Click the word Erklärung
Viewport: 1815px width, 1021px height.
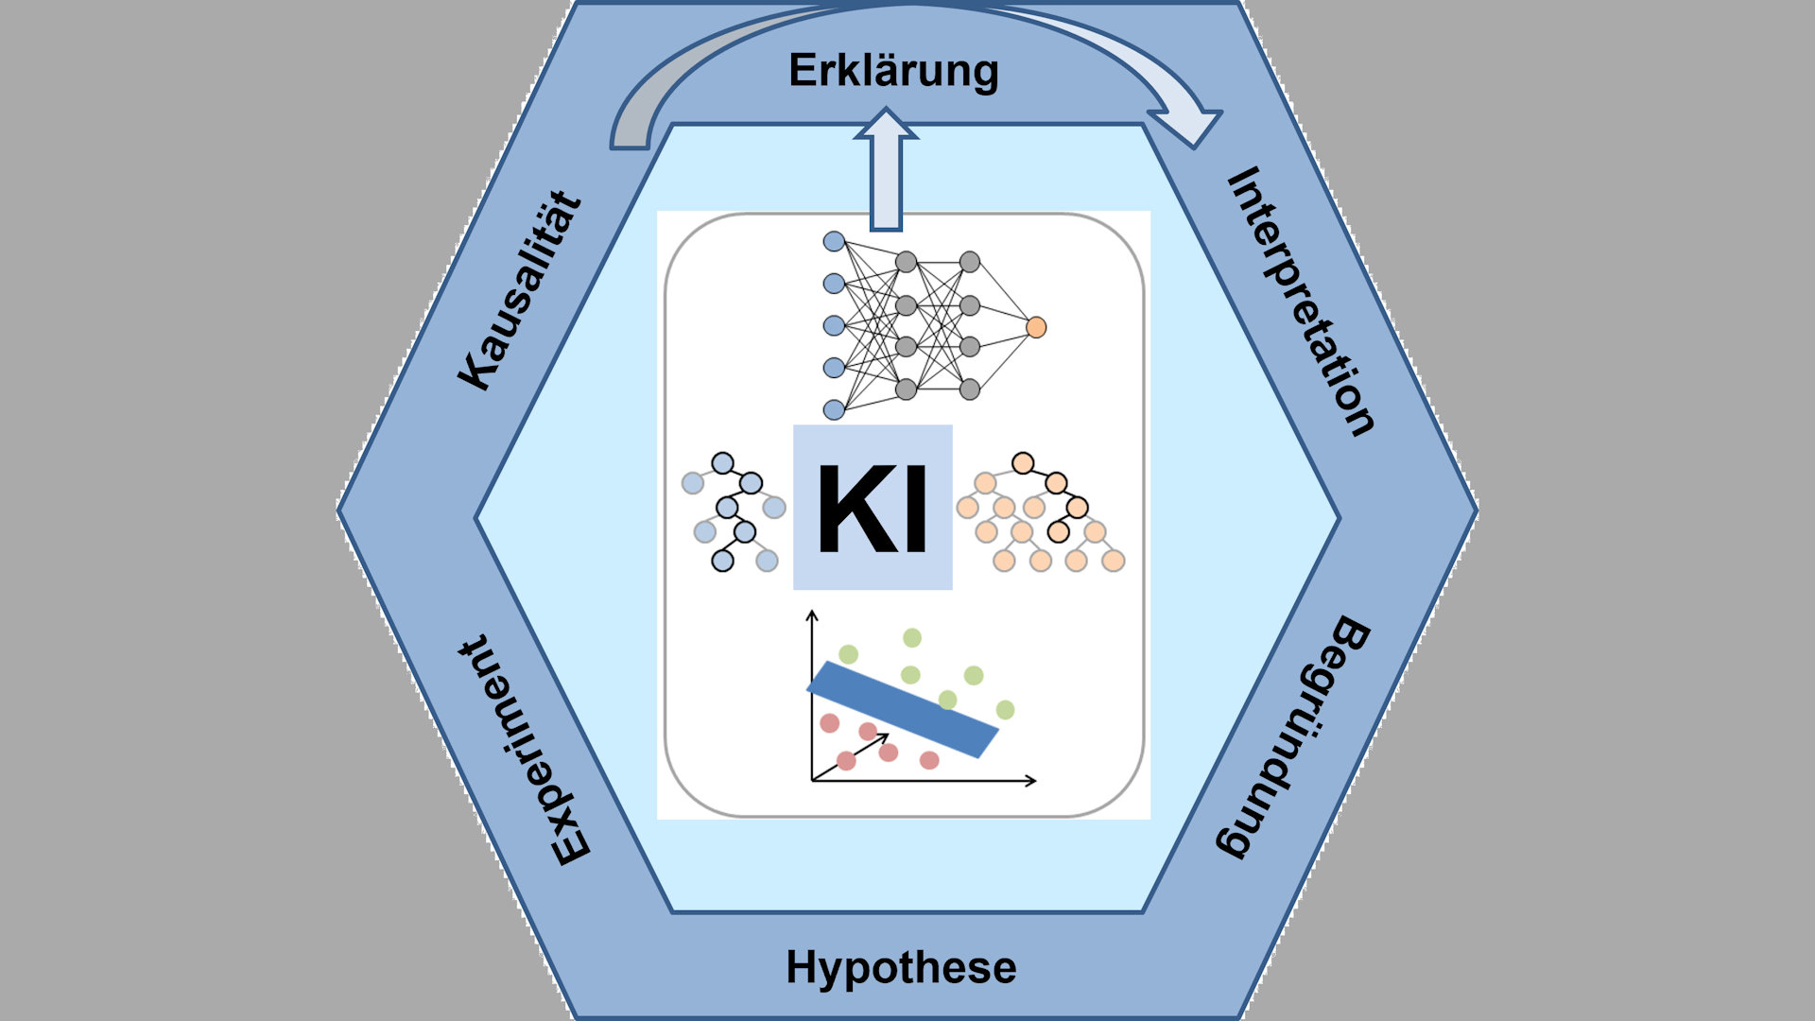(x=893, y=72)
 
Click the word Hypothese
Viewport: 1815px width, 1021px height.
(x=901, y=968)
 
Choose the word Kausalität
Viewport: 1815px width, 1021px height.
(x=520, y=291)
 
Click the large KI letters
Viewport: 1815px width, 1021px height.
(x=873, y=509)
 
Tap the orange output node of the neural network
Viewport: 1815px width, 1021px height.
(x=1036, y=327)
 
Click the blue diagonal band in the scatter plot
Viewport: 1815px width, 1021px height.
(x=902, y=709)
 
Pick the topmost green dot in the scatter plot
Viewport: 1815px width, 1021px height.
(x=911, y=638)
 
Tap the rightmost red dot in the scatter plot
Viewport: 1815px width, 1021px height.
(x=929, y=759)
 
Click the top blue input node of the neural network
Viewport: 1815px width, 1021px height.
(x=834, y=241)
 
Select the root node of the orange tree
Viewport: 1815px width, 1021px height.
(x=1022, y=463)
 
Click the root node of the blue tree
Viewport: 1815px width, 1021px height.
(x=722, y=463)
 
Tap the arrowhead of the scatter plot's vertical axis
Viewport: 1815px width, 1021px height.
(x=811, y=616)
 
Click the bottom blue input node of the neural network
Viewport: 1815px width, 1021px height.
(x=834, y=409)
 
